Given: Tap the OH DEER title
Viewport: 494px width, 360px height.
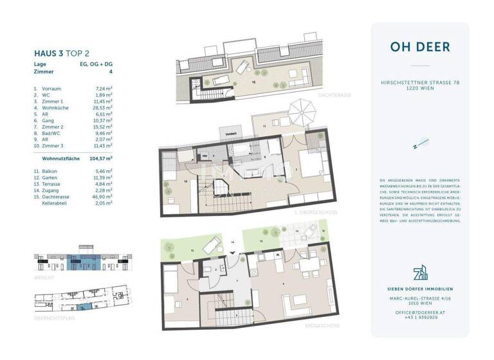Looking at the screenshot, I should (419, 47).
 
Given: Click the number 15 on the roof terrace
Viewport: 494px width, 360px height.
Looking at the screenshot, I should (253, 83).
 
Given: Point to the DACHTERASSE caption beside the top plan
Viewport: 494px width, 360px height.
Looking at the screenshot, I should (335, 95).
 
